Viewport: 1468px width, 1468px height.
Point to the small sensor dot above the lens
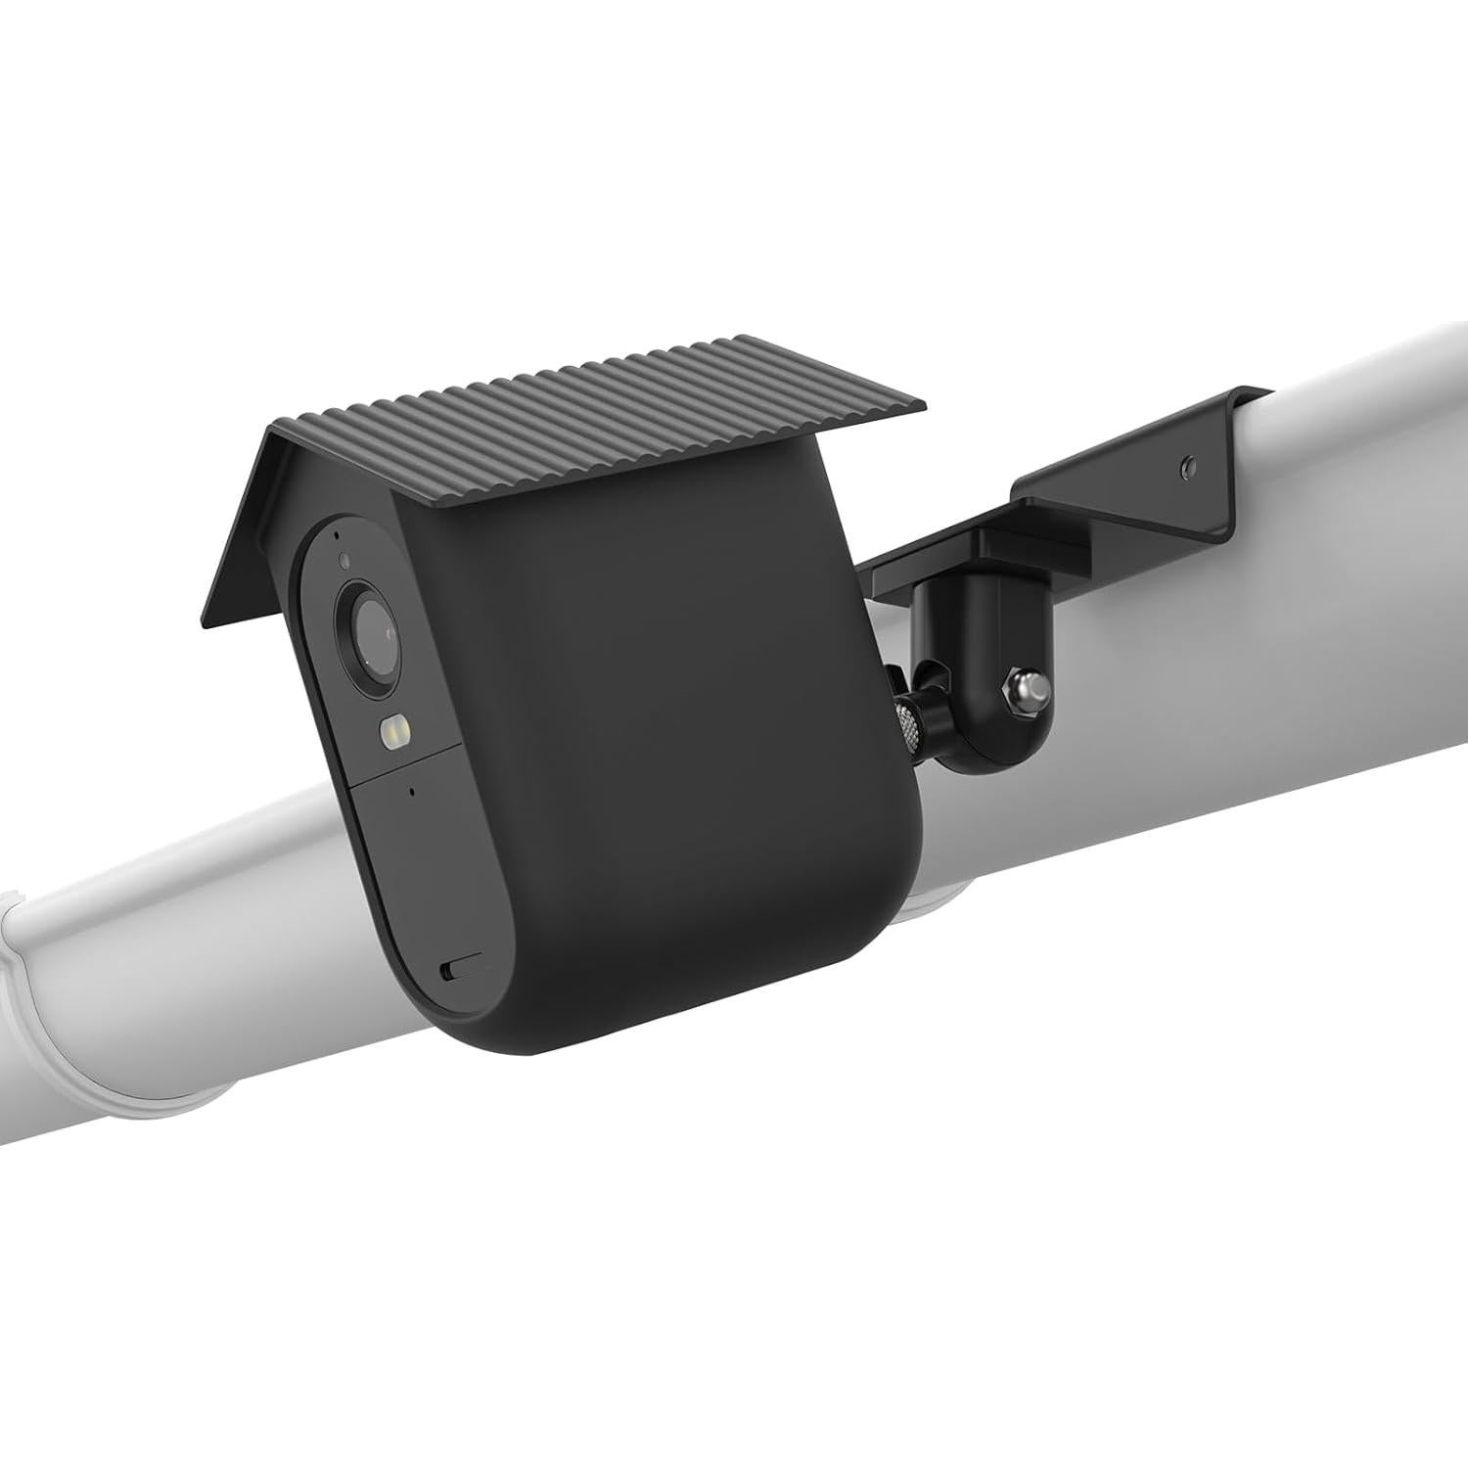pos(344,561)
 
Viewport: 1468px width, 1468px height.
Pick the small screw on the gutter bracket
pos(1186,460)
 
